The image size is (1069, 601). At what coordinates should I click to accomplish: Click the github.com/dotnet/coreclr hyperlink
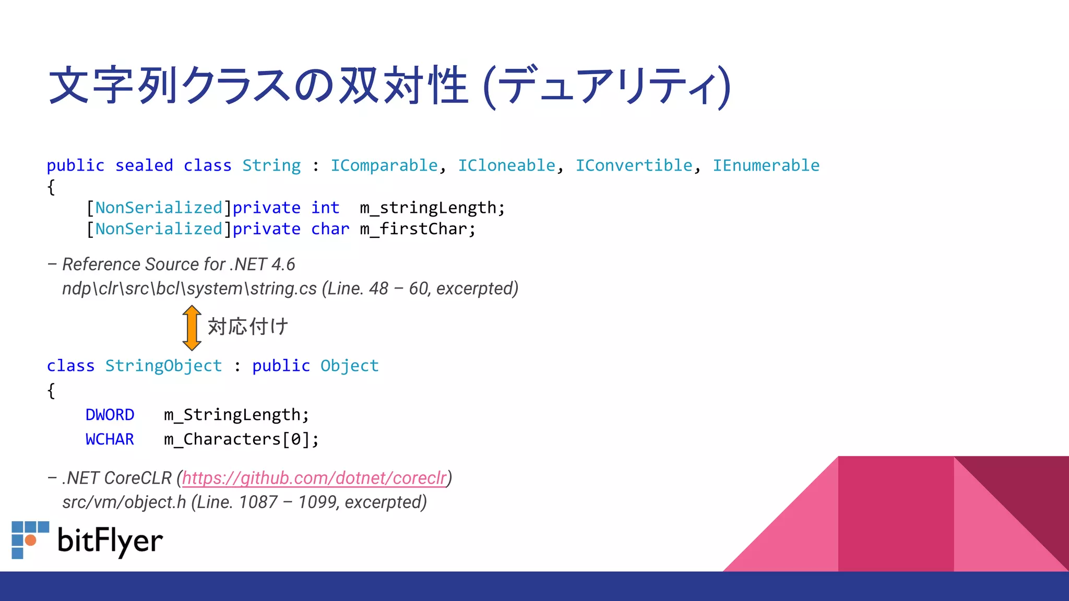coord(314,478)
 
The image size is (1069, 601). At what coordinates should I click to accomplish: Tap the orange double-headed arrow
coord(192,328)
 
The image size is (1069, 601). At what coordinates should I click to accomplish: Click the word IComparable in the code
coord(384,165)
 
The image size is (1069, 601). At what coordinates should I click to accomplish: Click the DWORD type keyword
coord(110,415)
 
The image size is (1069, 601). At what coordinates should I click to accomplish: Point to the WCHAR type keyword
coord(110,439)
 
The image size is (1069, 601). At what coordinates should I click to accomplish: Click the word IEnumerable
coord(766,165)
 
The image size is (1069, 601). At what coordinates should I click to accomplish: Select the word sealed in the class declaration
coord(144,165)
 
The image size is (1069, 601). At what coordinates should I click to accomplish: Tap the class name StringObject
coord(163,366)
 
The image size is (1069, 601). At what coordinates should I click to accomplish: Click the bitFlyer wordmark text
coord(110,540)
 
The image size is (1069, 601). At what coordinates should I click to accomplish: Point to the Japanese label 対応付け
coord(248,327)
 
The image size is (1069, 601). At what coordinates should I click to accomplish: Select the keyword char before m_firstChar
coord(330,229)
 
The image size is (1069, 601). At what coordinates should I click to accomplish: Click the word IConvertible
coord(634,165)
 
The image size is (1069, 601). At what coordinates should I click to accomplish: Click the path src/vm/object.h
coord(124,502)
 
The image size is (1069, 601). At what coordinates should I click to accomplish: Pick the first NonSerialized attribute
coord(159,208)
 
